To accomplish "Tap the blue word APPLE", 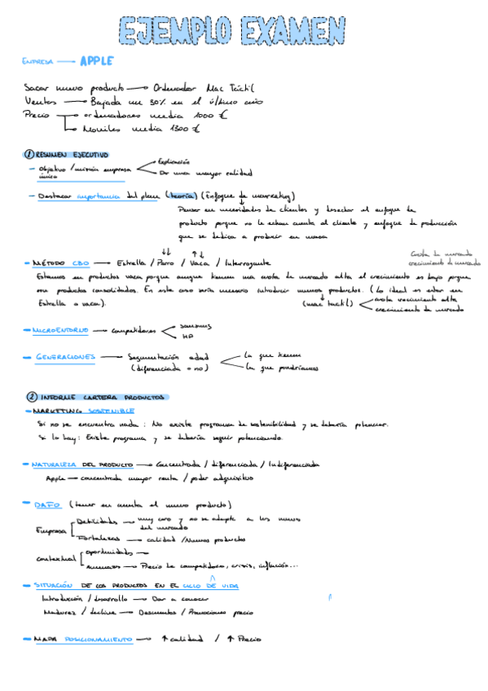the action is [x=96, y=61].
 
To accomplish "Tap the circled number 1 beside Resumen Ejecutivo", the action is [x=29, y=154].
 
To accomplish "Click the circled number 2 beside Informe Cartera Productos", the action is [x=31, y=396].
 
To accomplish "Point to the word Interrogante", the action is [x=248, y=263].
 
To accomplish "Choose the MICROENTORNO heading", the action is [x=59, y=330].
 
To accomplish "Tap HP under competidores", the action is [x=187, y=336].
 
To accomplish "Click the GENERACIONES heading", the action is [x=65, y=357].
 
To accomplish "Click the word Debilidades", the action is [x=96, y=520].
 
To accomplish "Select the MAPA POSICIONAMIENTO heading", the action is [x=82, y=640].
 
